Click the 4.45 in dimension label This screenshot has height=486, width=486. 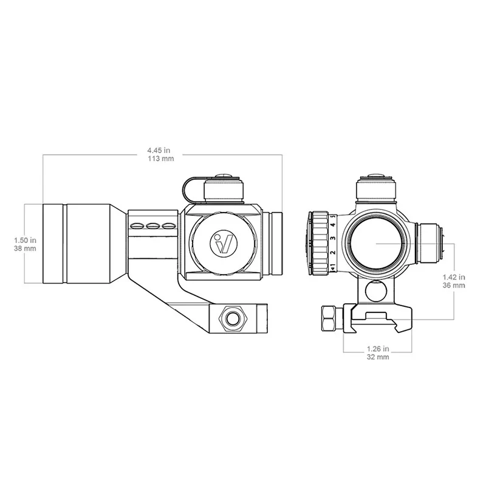159,150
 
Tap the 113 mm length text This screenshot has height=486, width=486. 160,159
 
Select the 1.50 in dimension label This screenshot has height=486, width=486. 25,240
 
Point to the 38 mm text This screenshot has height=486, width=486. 25,248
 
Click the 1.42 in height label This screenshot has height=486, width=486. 454,277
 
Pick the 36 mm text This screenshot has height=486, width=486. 454,285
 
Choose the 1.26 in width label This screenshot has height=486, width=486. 377,349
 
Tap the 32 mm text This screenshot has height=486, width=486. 377,357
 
